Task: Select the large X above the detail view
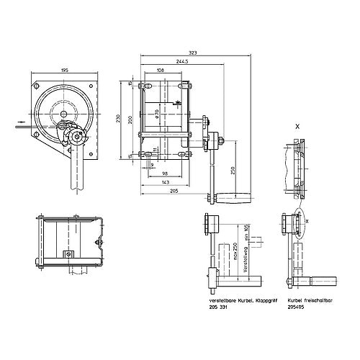[297, 125]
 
